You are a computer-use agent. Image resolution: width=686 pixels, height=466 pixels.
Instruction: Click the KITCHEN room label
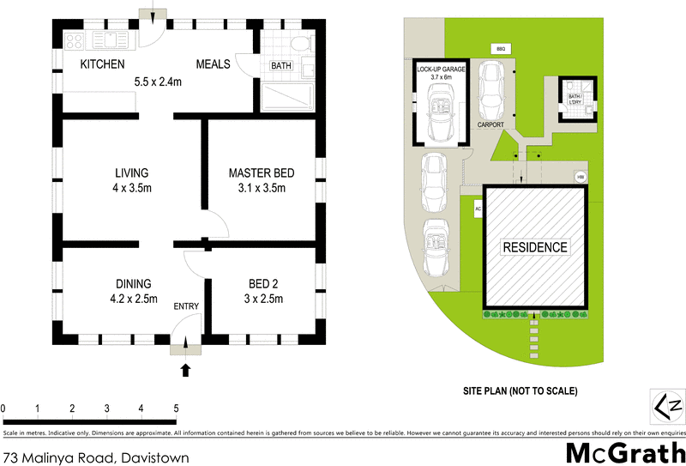point(102,64)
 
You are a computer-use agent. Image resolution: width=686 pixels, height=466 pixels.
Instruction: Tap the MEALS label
point(213,64)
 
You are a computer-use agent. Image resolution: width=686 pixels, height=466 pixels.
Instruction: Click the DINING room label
point(134,284)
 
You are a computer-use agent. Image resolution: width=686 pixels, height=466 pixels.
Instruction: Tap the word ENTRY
point(186,306)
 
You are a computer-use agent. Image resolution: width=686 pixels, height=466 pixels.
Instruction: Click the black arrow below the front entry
point(186,371)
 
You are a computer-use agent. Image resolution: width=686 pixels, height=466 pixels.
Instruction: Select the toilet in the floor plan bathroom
point(296,44)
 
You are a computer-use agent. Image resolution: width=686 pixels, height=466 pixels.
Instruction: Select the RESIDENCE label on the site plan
point(535,247)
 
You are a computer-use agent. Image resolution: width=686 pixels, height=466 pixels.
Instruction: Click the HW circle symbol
point(580,177)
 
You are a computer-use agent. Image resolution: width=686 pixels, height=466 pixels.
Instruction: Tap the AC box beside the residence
point(477,208)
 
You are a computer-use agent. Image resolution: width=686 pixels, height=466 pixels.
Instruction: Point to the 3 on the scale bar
point(107,408)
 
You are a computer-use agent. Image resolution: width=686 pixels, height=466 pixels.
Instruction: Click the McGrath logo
point(626,451)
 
